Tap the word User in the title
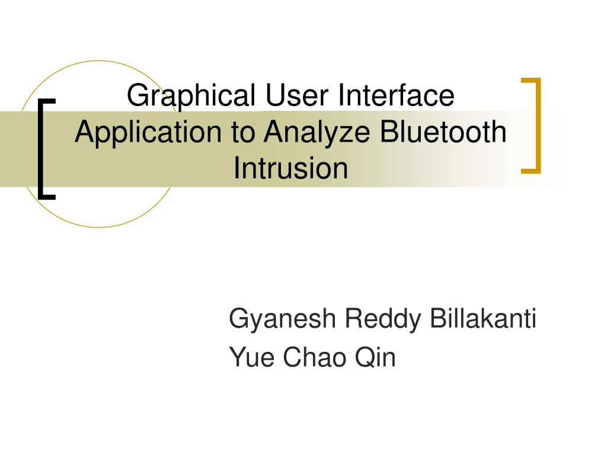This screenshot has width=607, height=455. [x=297, y=95]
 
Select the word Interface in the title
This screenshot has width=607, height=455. [x=396, y=95]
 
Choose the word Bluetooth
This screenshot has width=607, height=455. [x=443, y=132]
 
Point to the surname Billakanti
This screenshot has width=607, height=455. [x=483, y=318]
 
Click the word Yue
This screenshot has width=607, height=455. [x=251, y=357]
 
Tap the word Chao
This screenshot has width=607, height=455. [x=314, y=357]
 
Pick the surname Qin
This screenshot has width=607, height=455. [x=375, y=357]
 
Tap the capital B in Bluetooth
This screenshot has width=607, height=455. [x=389, y=132]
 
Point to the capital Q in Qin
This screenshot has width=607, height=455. [x=366, y=357]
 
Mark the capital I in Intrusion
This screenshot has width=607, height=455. [x=236, y=168]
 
